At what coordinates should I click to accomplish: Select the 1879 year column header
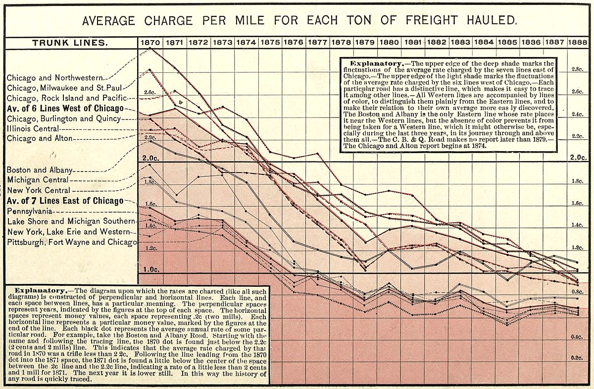click(367, 43)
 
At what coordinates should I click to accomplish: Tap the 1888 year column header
click(578, 43)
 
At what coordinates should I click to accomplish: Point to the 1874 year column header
click(246, 43)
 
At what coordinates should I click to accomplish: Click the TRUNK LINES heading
click(70, 43)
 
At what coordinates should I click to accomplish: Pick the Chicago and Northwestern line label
click(54, 78)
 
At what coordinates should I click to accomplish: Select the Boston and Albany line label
click(40, 170)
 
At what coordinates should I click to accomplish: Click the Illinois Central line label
click(34, 129)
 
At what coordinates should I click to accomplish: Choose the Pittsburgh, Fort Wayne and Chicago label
click(71, 242)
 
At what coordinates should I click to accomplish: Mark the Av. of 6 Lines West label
click(65, 109)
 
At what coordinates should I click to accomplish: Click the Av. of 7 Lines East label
click(65, 201)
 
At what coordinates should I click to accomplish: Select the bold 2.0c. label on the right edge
click(577, 158)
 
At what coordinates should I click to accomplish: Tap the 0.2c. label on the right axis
click(577, 358)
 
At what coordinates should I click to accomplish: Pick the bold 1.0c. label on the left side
click(151, 270)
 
